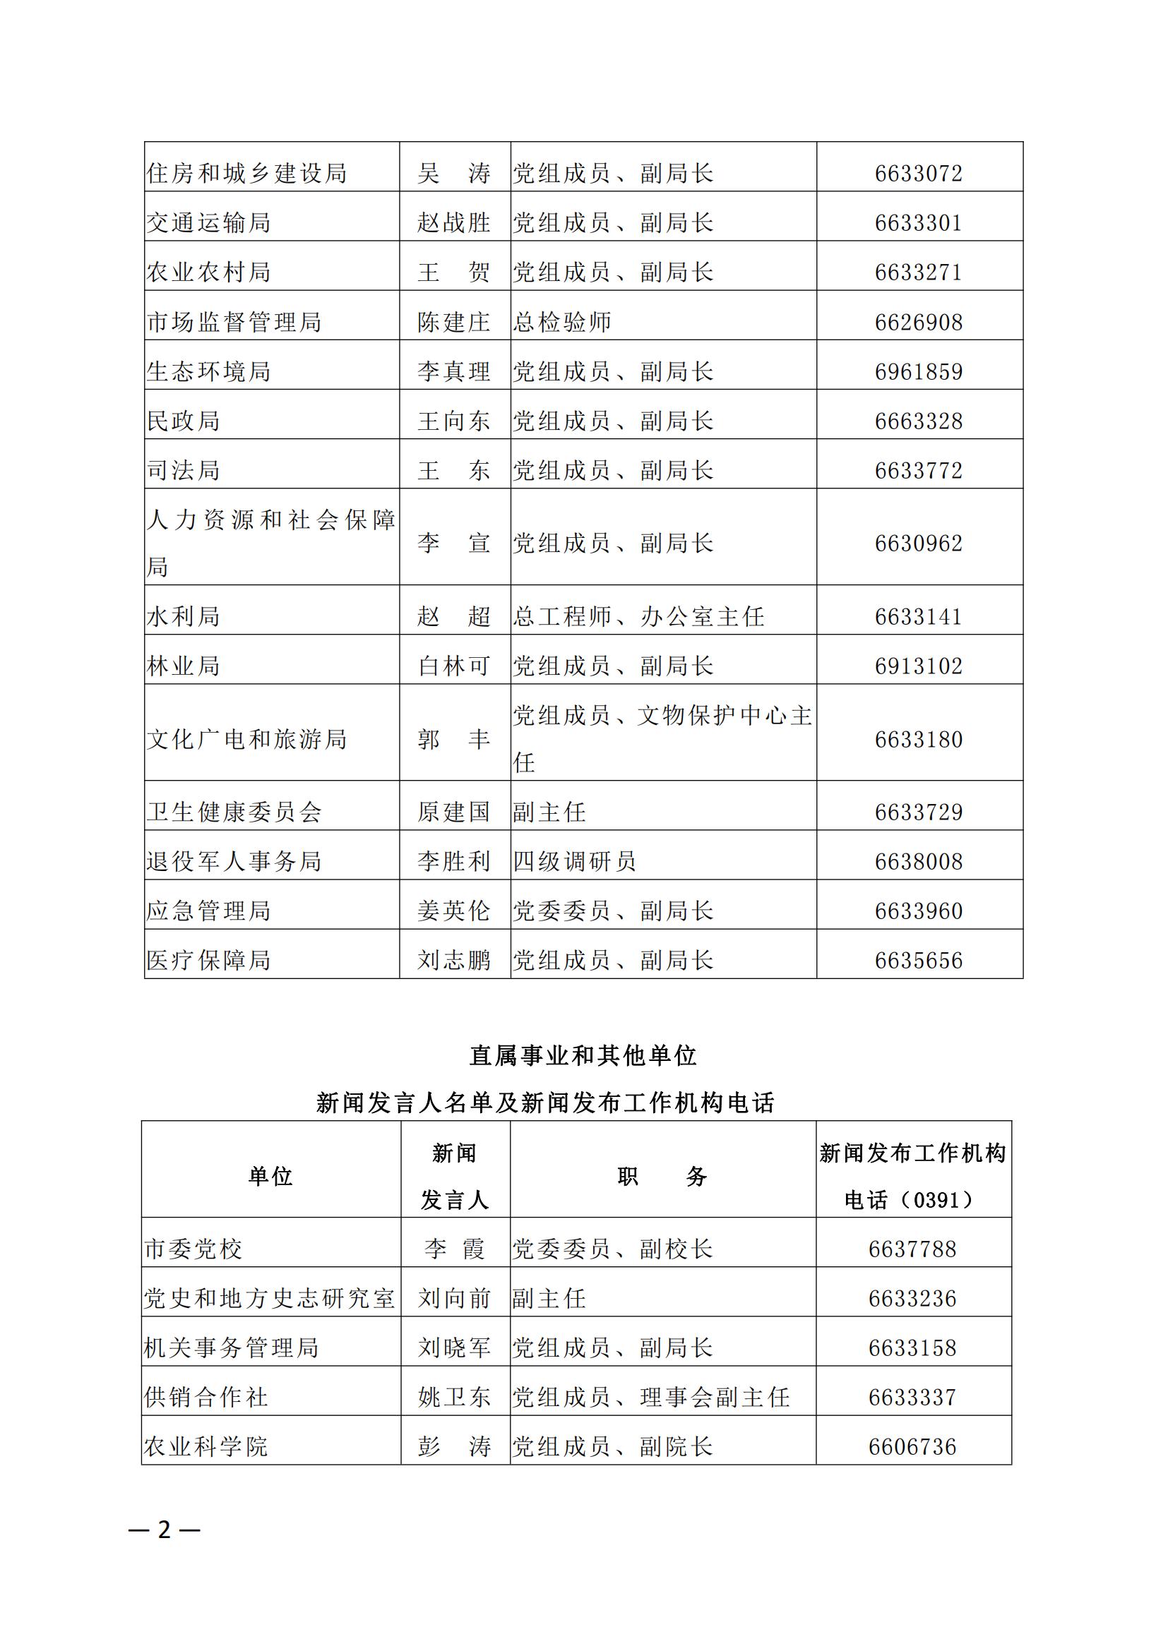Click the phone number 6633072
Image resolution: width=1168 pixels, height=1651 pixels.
tap(918, 174)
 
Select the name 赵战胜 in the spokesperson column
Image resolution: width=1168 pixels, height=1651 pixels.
tap(454, 223)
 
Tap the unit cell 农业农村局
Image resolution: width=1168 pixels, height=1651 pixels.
tap(208, 272)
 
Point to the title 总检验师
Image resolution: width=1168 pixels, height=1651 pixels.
tap(561, 322)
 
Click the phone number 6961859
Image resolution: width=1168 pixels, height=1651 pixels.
tap(918, 372)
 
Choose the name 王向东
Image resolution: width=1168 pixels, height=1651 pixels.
tap(454, 421)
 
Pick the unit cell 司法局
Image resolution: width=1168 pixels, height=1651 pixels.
tap(184, 471)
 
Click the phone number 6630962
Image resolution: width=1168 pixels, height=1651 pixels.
tap(918, 543)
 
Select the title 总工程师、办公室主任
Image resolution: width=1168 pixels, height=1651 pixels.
tap(638, 616)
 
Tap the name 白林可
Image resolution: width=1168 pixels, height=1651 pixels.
tap(454, 666)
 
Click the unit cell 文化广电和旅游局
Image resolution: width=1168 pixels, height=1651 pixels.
tap(246, 739)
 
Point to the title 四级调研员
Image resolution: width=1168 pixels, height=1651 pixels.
tap(574, 861)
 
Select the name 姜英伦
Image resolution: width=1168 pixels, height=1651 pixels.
tap(454, 911)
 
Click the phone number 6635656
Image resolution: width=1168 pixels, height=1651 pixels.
tap(918, 961)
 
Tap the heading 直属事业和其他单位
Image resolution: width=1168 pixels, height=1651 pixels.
tap(583, 1055)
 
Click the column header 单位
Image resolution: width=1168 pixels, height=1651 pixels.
tap(270, 1177)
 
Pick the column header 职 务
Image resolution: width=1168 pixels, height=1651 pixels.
tap(662, 1177)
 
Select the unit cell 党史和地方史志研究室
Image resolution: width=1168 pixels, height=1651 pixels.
tap(270, 1298)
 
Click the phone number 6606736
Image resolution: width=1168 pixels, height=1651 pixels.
tap(912, 1447)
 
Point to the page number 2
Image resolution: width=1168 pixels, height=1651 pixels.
tap(165, 1530)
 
